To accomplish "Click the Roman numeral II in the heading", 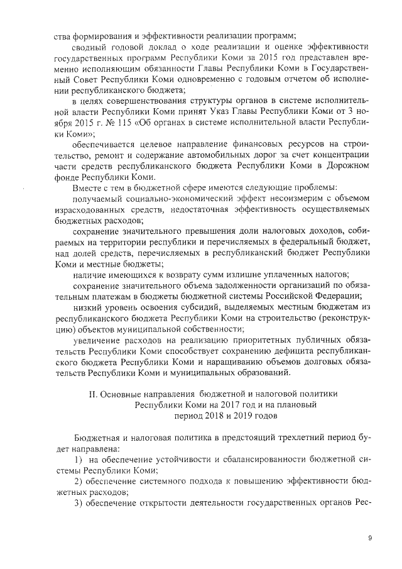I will [89, 394].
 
